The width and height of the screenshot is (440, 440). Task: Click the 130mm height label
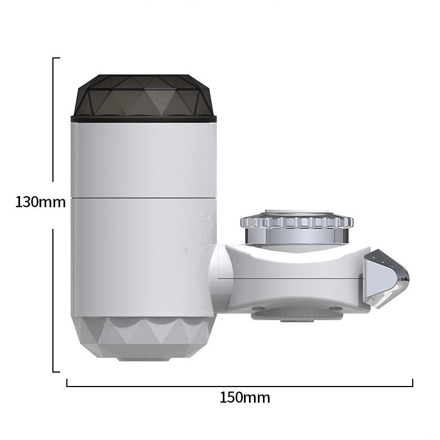40,202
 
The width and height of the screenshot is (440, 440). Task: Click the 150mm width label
245,398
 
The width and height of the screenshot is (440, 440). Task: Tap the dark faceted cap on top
143,95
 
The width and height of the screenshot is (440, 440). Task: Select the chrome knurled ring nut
297,222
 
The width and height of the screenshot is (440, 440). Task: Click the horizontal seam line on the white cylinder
144,197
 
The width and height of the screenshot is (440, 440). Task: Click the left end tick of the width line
67,383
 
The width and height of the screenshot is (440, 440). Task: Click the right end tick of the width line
413,383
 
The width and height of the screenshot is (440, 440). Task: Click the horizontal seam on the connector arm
290,277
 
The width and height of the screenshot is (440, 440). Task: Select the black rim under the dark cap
144,119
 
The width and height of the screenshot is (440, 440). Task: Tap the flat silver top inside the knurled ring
297,212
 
